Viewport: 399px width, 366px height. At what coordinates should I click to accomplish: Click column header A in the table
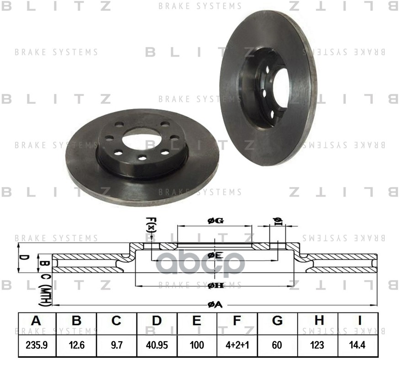[x=37, y=321]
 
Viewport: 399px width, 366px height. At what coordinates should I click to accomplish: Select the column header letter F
[x=236, y=321]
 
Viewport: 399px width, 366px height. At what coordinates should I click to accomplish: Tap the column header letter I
[x=358, y=321]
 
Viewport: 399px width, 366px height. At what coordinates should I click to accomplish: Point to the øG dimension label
[x=215, y=221]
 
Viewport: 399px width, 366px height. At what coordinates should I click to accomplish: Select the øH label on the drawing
[x=215, y=286]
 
